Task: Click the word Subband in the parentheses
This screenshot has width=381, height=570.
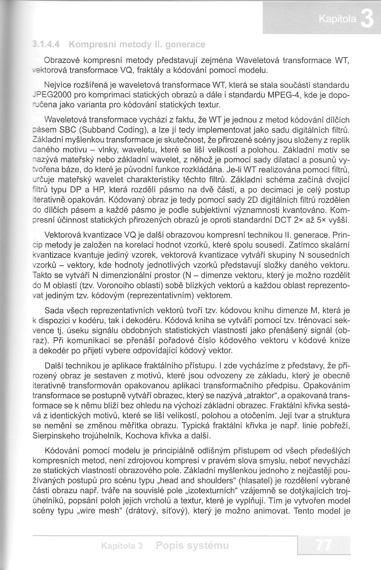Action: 94,130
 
